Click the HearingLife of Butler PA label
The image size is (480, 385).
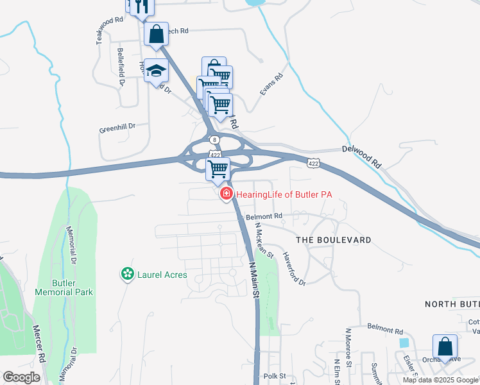coord(284,194)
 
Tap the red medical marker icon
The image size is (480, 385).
coord(226,194)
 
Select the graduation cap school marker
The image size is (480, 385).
coord(155,71)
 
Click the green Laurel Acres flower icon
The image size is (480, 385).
coord(128,275)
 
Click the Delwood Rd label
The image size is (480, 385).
coord(361,157)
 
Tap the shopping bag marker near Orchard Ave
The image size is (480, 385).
coord(445,346)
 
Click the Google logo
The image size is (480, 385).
coord(21,377)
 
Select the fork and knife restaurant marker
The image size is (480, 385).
coord(142,6)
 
